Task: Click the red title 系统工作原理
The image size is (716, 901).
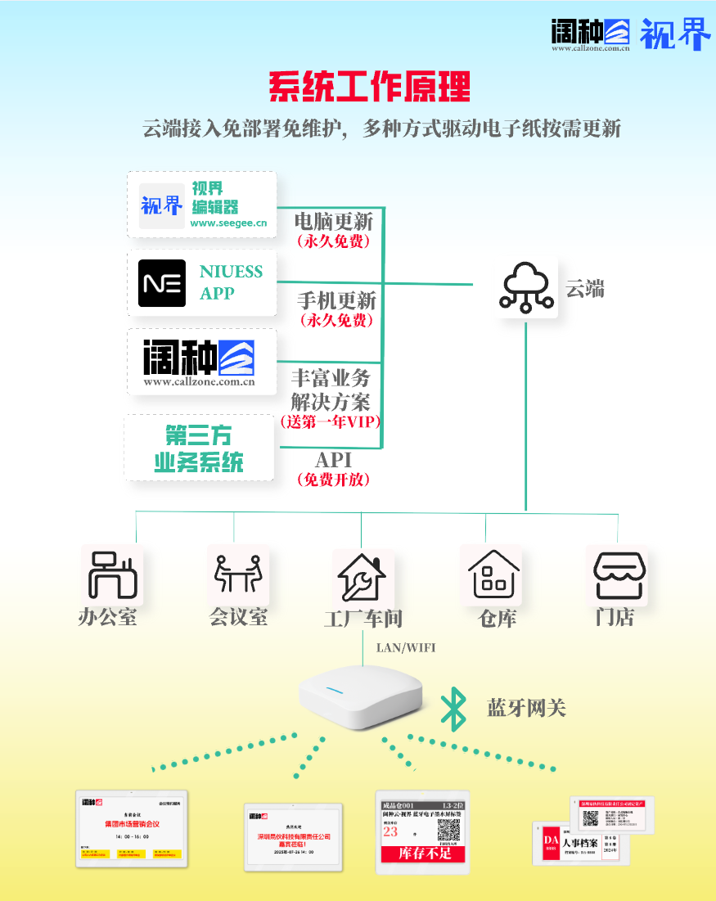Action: tap(369, 86)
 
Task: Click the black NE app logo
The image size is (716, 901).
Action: tap(162, 283)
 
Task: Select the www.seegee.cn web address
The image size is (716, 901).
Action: tap(228, 223)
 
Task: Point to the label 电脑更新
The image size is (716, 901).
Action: tap(333, 221)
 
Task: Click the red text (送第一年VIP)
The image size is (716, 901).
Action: tap(330, 422)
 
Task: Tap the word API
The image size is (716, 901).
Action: tap(333, 460)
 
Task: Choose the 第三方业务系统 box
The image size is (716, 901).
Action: tap(200, 447)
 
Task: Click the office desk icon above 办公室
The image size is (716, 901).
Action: tap(112, 575)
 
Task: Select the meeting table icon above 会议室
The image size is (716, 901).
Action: tap(238, 574)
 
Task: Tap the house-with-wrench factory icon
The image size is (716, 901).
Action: tap(362, 576)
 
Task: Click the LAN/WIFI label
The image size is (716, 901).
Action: tap(406, 648)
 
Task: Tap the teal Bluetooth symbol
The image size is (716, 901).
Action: tap(453, 709)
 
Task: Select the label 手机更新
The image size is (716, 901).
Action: tap(335, 301)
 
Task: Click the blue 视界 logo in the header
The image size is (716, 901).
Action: tap(675, 34)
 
